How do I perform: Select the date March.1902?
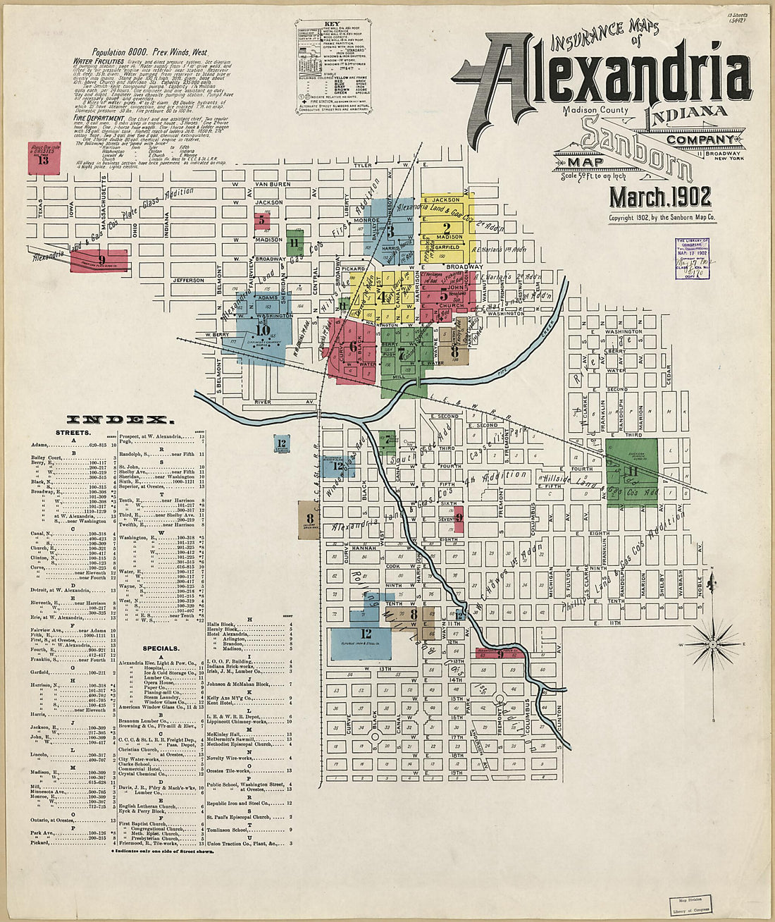point(660,197)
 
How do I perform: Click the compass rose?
point(713,644)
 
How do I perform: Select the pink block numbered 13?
point(43,159)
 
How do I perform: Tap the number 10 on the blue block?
point(263,330)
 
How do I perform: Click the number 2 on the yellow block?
point(447,228)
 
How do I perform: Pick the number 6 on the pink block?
point(352,346)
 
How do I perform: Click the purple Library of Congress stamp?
point(691,258)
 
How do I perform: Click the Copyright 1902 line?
point(662,219)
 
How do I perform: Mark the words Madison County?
point(592,109)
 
